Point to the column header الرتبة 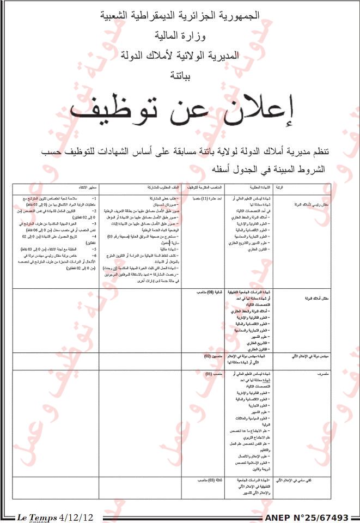279,188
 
